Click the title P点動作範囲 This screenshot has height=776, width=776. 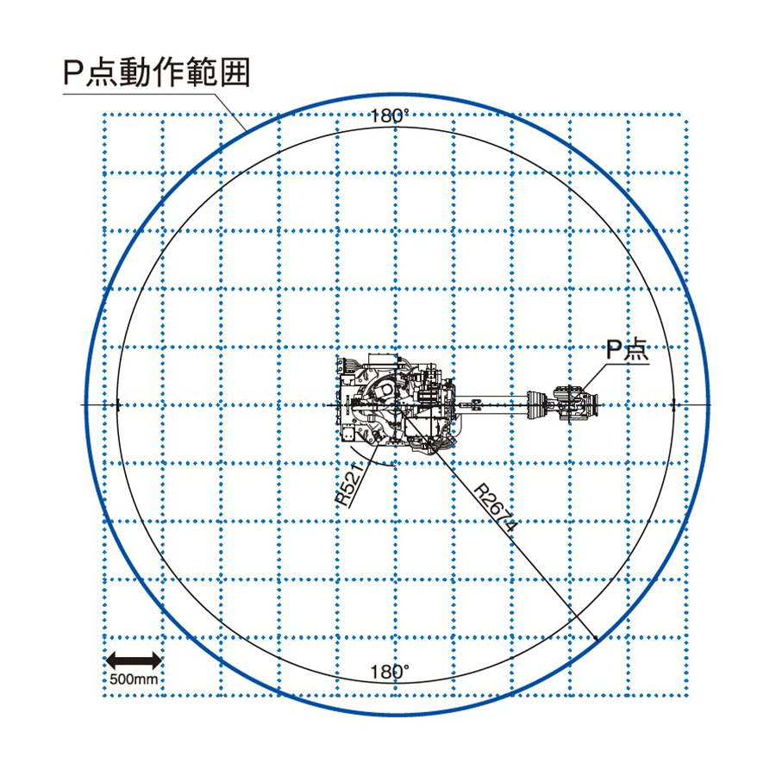coord(156,72)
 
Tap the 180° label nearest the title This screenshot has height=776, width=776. coord(390,116)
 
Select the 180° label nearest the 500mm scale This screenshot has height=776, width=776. coord(390,672)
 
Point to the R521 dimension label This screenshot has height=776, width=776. coord(349,484)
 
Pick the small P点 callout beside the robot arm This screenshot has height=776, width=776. coord(628,350)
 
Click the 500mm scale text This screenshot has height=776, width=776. coord(134,679)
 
